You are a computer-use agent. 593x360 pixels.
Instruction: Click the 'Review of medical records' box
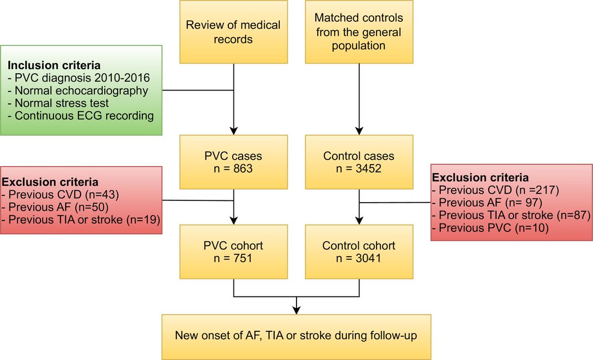(x=233, y=32)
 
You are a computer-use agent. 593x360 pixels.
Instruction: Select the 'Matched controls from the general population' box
(x=359, y=32)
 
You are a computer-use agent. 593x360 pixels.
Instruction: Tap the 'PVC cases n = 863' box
(x=233, y=163)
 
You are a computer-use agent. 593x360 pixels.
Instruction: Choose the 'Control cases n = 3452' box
(x=359, y=163)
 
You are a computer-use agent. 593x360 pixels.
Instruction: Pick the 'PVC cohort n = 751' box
(x=233, y=252)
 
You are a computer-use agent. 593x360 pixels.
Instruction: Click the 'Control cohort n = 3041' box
(x=359, y=252)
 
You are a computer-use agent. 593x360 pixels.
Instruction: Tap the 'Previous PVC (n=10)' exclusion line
(x=489, y=228)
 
